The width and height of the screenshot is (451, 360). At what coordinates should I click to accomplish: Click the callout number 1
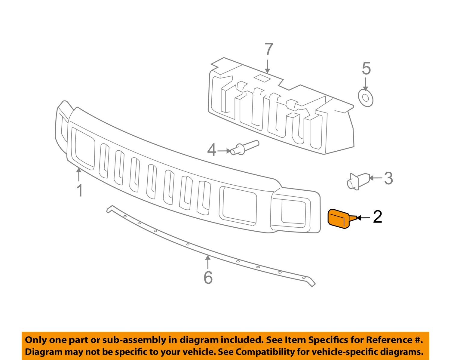[x=79, y=190]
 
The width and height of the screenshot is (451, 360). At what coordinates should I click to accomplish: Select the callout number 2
[x=377, y=217]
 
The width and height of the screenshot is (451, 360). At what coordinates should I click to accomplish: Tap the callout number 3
[x=388, y=178]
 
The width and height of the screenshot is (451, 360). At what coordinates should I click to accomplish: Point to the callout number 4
[x=212, y=150]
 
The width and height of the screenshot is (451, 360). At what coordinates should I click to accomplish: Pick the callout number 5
[x=366, y=69]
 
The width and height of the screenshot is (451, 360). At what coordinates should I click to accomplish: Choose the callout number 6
[x=208, y=277]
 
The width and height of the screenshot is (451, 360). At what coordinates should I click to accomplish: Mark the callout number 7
[x=268, y=50]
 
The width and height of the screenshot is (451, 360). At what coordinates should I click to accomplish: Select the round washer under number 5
[x=366, y=98]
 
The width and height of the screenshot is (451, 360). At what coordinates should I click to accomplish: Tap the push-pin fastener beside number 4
[x=244, y=148]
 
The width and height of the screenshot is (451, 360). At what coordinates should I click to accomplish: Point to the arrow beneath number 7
[x=268, y=66]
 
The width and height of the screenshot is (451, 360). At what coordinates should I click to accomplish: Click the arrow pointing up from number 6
[x=208, y=262]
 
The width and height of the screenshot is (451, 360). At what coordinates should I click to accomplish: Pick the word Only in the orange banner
[x=35, y=340]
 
